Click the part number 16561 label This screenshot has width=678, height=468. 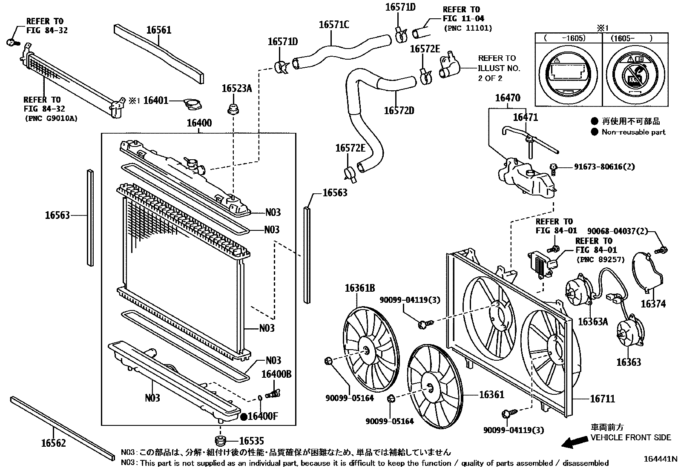pyautogui.click(x=158, y=30)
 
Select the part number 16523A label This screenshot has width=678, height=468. pyautogui.click(x=237, y=89)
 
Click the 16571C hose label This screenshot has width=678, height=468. pyautogui.click(x=334, y=25)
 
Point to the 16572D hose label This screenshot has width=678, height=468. pyautogui.click(x=399, y=111)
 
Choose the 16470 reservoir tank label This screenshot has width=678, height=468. pyautogui.click(x=507, y=98)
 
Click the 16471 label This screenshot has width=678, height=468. pyautogui.click(x=525, y=117)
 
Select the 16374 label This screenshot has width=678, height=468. pyautogui.click(x=653, y=304)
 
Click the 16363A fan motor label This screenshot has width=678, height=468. pyautogui.click(x=593, y=322)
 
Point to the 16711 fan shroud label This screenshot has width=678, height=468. pyautogui.click(x=602, y=399)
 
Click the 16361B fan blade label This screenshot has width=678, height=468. pyautogui.click(x=359, y=288)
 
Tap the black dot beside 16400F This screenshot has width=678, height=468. pyautogui.click(x=244, y=416)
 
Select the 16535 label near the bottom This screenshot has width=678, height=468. pyautogui.click(x=251, y=441)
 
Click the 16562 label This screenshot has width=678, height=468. pyautogui.click(x=54, y=443)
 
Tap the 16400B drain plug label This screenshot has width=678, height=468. pyautogui.click(x=276, y=374)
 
